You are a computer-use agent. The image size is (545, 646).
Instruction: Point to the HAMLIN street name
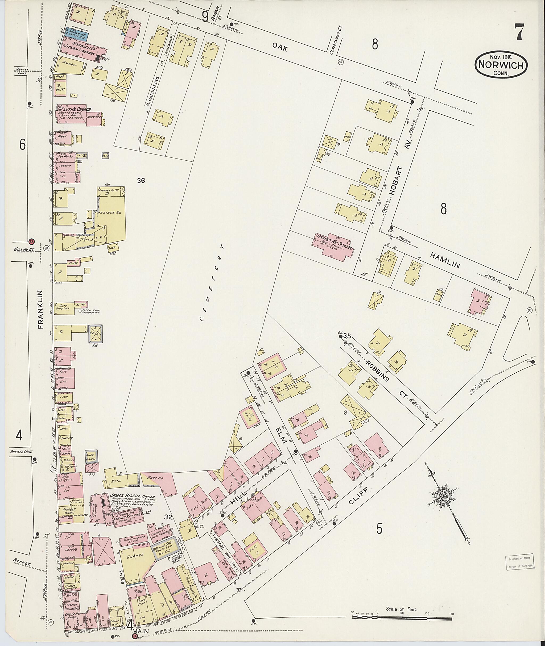445,259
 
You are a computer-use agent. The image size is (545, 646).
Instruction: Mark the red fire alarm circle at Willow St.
31,242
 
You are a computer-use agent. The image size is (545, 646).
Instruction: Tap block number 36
141,181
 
